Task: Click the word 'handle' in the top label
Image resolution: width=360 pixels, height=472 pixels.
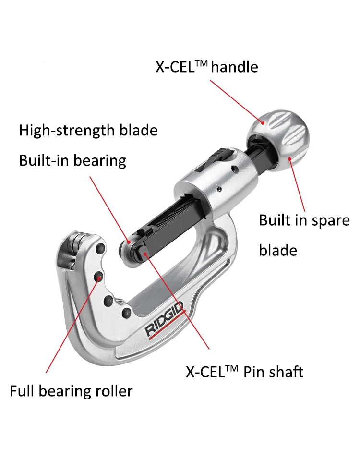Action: coord(235,67)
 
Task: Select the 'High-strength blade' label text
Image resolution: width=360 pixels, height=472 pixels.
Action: coord(88,130)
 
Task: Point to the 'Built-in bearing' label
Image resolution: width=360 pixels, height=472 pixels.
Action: coord(72,160)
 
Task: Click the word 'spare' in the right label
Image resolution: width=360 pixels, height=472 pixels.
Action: coord(328,220)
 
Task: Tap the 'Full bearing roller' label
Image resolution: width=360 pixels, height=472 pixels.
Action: coord(71,391)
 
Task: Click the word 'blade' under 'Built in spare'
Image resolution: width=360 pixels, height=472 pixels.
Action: coord(278,250)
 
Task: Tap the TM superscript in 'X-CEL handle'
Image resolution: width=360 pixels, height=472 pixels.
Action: coord(200,62)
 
